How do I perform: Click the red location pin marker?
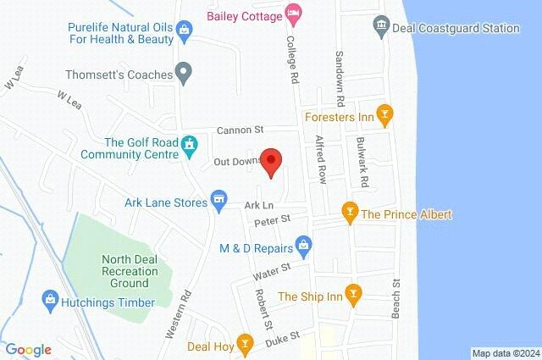pyautogui.click(x=270, y=161)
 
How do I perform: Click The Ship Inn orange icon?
pyautogui.click(x=355, y=296)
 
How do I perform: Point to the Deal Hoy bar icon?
pyautogui.click(x=245, y=343)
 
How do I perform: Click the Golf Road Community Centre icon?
pyautogui.click(x=191, y=147)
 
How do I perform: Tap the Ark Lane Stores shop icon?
pyautogui.click(x=219, y=199)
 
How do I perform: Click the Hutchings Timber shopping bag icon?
pyautogui.click(x=50, y=302)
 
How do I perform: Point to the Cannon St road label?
pyautogui.click(x=241, y=130)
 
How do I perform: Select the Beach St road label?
pyautogui.click(x=395, y=301)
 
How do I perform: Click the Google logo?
pyautogui.click(x=28, y=350)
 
